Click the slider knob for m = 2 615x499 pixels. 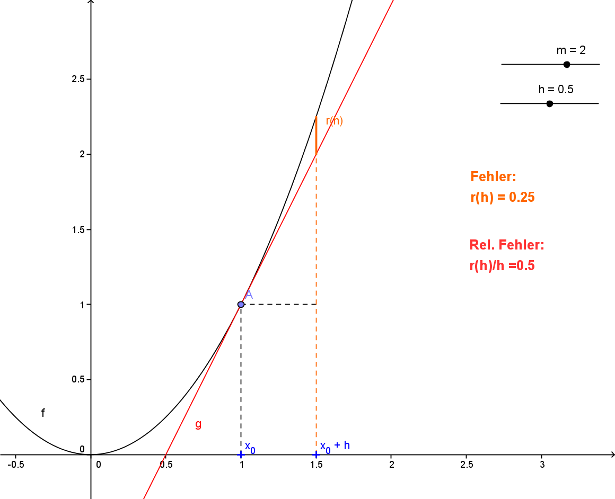tap(566, 65)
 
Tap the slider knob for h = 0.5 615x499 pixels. tap(549, 103)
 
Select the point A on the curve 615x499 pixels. tap(241, 305)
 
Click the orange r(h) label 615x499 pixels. tap(334, 121)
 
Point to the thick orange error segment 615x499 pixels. tap(316, 135)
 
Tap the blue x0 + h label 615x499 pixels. tap(335, 446)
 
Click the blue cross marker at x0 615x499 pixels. tap(241, 455)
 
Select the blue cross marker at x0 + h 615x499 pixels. tap(317, 455)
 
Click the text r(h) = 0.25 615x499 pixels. tap(502, 198)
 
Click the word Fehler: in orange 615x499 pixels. tap(493, 177)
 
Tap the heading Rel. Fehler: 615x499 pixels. tap(507, 245)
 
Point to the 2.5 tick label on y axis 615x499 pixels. tap(78, 79)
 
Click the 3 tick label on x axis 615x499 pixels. tap(541, 465)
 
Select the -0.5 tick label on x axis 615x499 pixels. tap(16, 465)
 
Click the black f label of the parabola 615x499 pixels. tap(43, 413)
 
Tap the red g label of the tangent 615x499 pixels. tap(198, 424)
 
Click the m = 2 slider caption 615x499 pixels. tap(570, 50)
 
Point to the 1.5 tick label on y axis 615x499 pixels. tap(78, 229)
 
